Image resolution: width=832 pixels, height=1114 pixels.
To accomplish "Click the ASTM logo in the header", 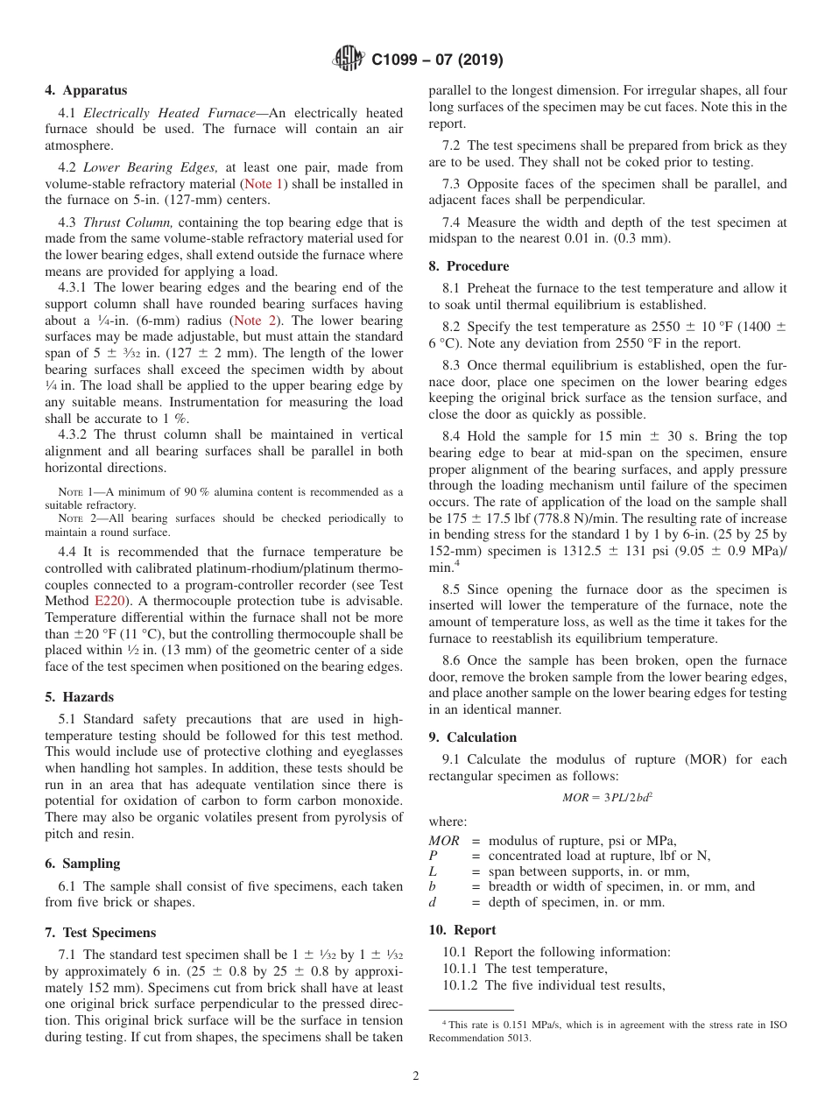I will coord(350,60).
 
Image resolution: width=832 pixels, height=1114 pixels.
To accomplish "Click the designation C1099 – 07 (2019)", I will coord(437,60).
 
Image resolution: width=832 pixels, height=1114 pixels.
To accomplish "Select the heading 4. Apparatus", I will coord(86,90).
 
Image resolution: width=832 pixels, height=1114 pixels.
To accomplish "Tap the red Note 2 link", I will coord(254,321).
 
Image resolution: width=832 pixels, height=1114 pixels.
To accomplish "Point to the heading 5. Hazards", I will coord(79,697).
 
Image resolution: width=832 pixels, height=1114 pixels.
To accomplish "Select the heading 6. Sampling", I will coord(82,864).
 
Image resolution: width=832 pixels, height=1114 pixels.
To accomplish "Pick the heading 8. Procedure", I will coord(469,266).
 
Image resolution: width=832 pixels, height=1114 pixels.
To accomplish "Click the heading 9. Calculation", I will coord(473,737).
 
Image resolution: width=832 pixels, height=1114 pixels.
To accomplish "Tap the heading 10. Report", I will coord(462,930).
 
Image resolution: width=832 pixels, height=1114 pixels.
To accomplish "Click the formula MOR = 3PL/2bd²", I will coord(608,798).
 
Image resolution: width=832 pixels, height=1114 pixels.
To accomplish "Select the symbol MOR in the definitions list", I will coord(444,841).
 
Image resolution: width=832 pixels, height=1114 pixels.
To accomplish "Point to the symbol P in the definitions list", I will coord(433,856).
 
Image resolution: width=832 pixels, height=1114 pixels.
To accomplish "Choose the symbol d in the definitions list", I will coord(433,902).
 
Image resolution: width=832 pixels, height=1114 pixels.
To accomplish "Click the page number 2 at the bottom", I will coord(416,1076).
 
